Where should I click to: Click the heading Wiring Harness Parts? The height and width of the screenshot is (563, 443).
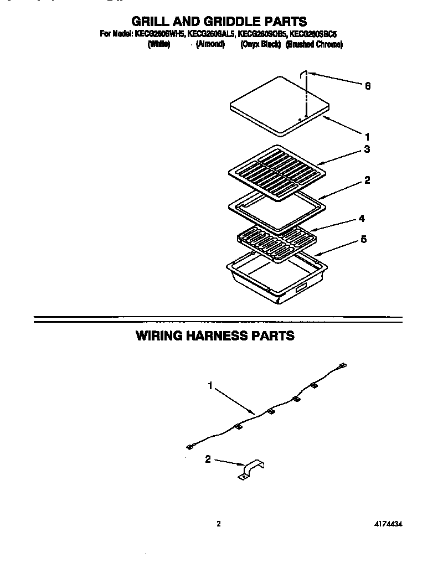click(x=215, y=336)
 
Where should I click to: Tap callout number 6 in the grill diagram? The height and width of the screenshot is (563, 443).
click(x=367, y=86)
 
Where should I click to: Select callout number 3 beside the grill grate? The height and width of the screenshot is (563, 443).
click(x=367, y=149)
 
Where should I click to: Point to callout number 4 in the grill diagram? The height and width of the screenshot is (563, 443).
click(x=361, y=219)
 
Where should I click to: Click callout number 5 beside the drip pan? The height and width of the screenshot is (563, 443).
click(x=363, y=240)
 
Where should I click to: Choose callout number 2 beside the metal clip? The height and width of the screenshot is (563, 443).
click(x=208, y=458)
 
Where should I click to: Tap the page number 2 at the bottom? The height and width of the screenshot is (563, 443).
click(x=219, y=524)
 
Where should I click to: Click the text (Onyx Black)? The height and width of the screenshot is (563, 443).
click(x=260, y=45)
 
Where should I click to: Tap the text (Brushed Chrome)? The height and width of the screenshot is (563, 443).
click(x=314, y=45)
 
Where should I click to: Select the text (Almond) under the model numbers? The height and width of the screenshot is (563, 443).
click(x=210, y=45)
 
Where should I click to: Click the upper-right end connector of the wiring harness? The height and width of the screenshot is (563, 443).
click(x=342, y=365)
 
